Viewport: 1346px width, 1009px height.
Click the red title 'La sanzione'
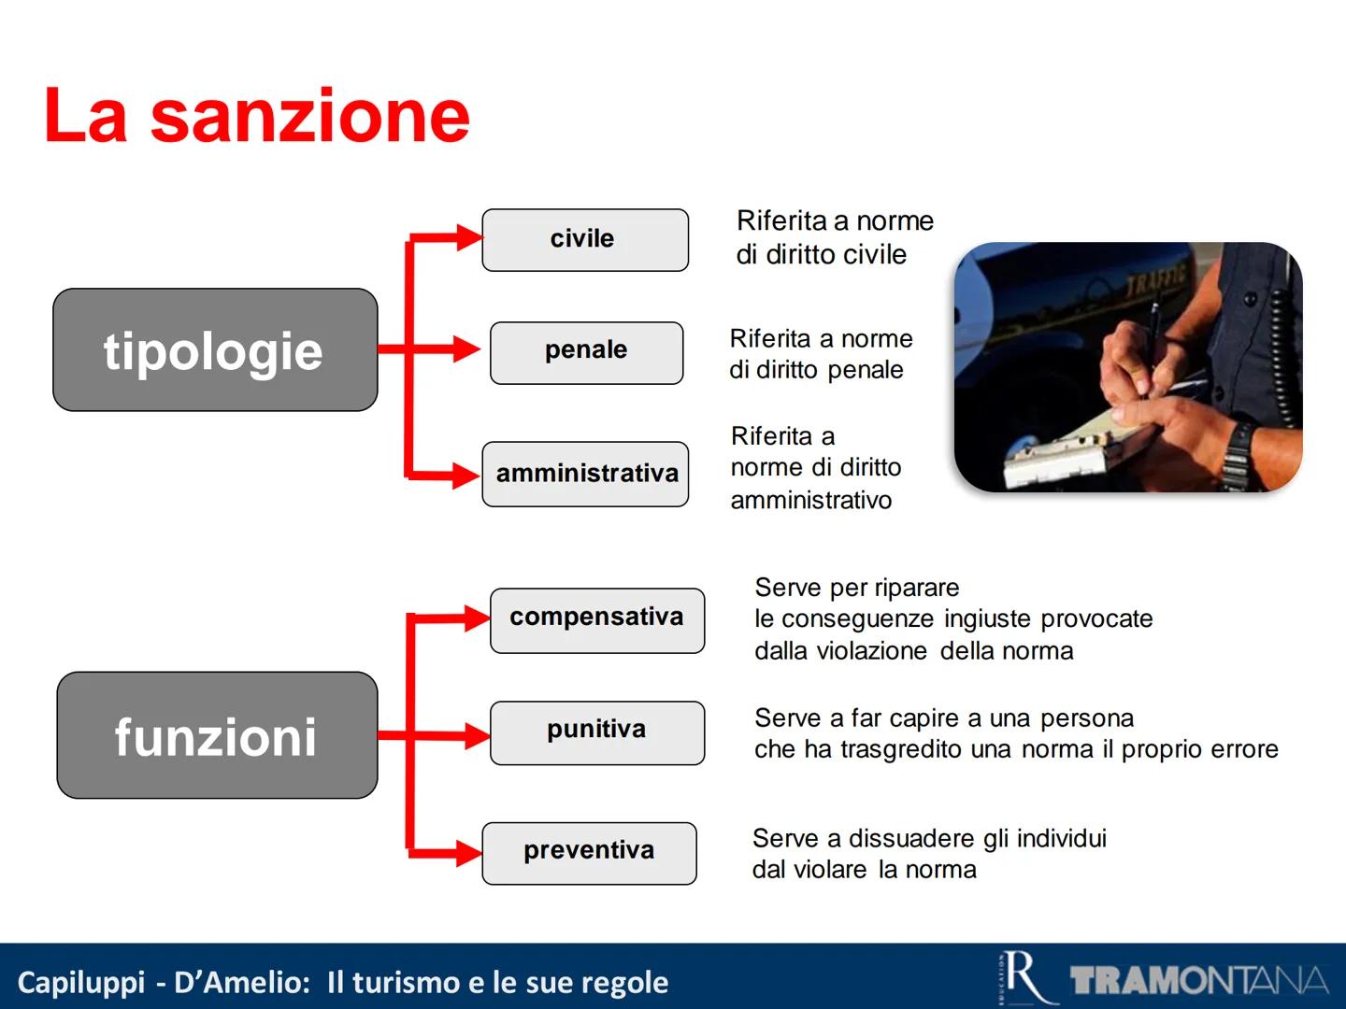point(256,115)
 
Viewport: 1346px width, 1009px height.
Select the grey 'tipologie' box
point(215,350)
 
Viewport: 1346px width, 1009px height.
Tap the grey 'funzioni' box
point(217,736)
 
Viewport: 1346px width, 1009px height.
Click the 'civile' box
point(585,240)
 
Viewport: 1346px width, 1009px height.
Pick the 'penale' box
point(586,352)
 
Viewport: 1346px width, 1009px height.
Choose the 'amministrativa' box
point(585,475)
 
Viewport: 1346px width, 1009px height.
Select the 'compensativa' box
point(596,619)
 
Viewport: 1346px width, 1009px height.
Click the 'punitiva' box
point(596,732)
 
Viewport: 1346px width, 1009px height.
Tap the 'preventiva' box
point(589,853)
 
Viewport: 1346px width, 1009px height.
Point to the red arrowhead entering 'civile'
point(468,238)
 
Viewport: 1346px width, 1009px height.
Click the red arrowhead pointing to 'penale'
point(467,349)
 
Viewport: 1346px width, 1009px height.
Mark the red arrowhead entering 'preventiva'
point(467,853)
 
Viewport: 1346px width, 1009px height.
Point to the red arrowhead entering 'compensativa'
point(475,618)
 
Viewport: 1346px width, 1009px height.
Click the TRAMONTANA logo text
point(1199,981)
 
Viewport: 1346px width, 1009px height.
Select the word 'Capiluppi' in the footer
point(81,983)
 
